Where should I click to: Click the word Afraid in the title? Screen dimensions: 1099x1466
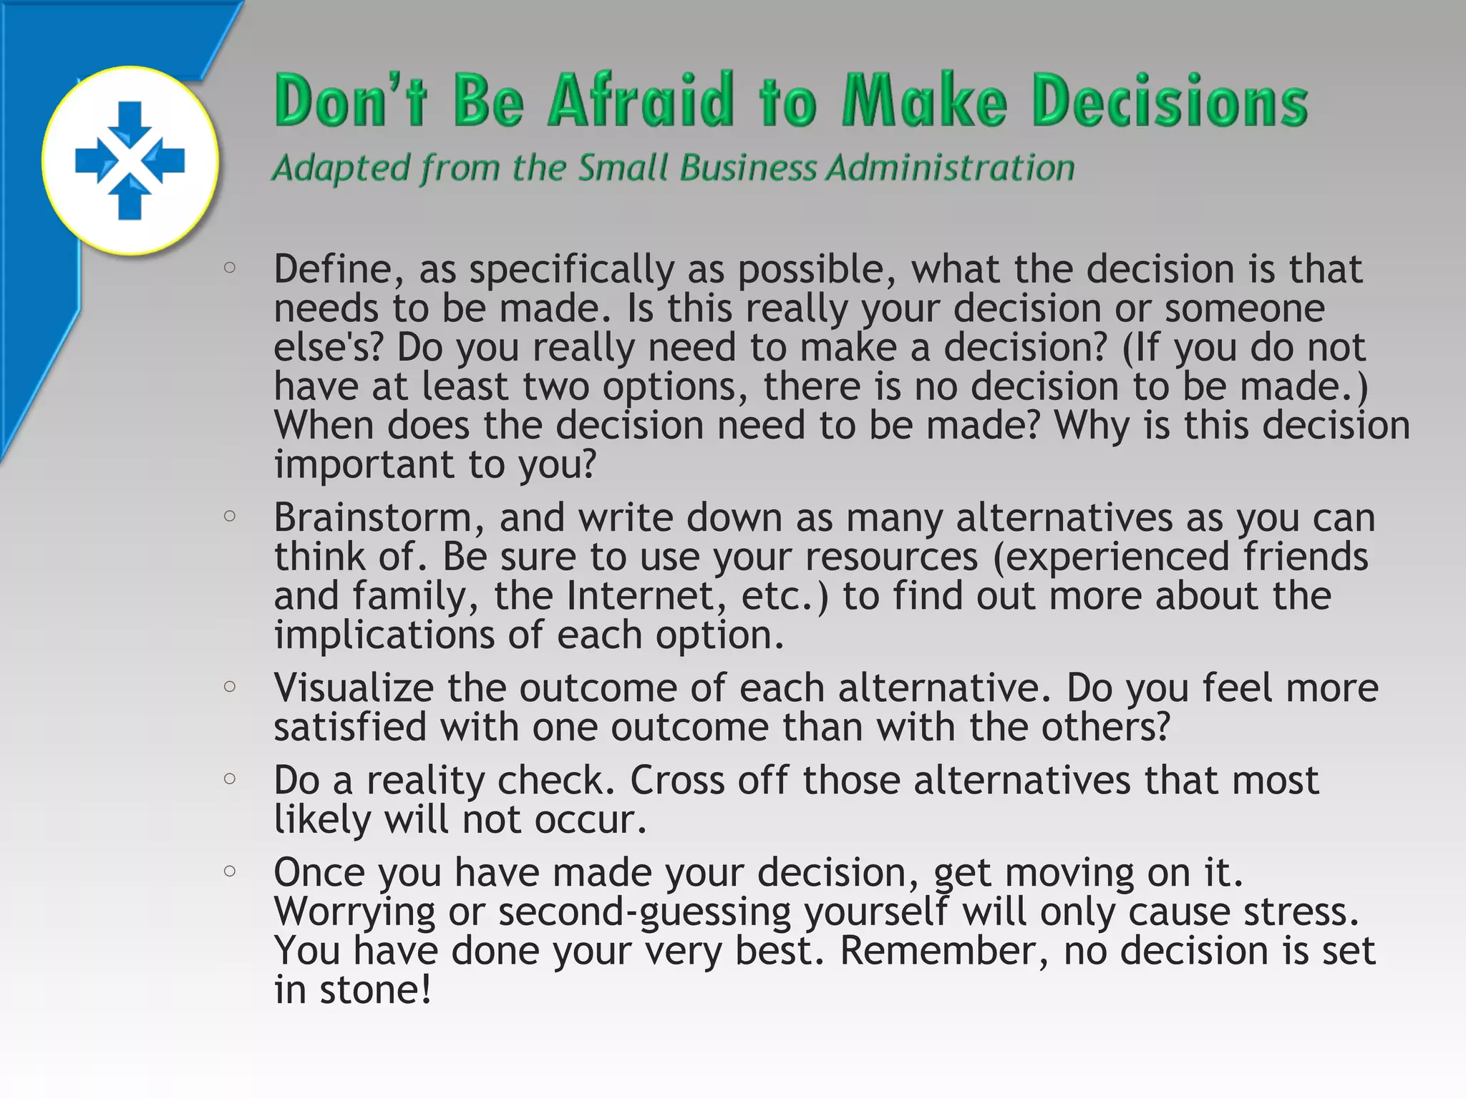point(641,100)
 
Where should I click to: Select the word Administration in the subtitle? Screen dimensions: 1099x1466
point(950,169)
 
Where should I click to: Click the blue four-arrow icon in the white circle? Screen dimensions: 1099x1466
point(130,160)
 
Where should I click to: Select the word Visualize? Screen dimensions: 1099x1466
point(354,688)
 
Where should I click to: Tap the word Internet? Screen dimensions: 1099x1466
point(640,596)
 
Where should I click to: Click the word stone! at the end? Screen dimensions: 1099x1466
point(375,990)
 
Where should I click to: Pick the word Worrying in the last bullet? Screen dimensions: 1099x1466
point(354,912)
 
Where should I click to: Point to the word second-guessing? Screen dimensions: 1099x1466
point(644,912)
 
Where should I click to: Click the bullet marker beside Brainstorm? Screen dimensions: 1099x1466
point(230,516)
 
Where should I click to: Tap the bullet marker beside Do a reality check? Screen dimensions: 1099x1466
point(230,778)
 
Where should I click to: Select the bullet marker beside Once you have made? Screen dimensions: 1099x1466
point(230,871)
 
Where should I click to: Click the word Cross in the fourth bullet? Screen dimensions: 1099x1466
point(677,781)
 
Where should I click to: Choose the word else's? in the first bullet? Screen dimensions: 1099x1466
point(329,348)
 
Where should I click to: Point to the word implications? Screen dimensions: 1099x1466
point(384,635)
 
